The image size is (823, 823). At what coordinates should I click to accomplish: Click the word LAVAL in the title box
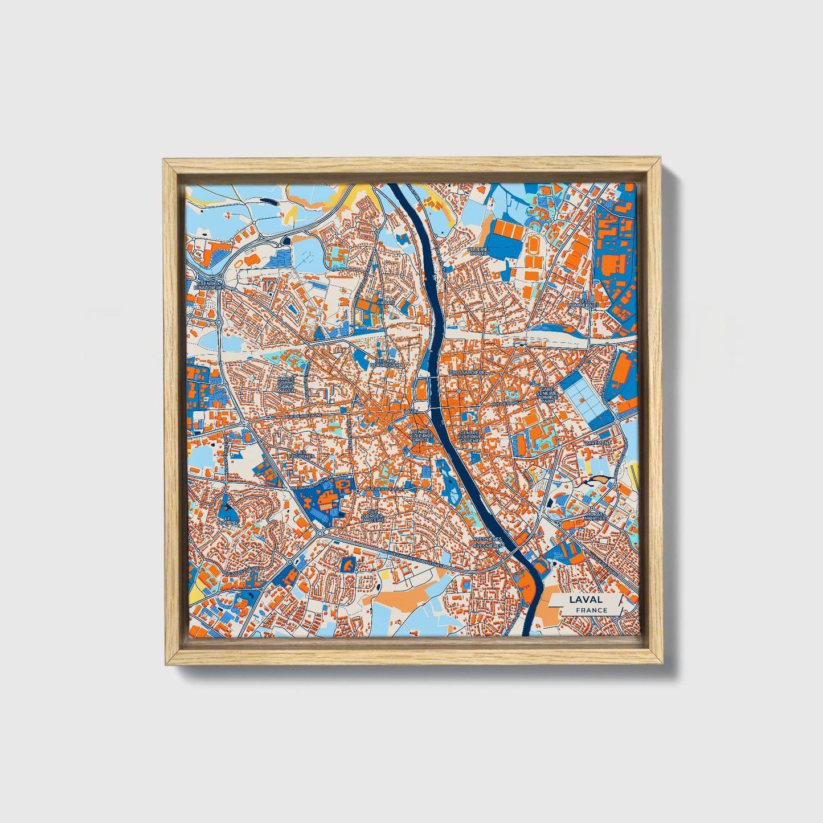click(585, 599)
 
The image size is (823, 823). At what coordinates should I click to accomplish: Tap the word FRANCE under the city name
click(591, 610)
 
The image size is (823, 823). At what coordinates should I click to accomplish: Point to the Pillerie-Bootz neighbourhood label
click(477, 251)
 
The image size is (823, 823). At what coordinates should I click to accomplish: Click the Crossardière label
click(466, 372)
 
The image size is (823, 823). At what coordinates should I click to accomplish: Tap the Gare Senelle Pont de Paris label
click(547, 395)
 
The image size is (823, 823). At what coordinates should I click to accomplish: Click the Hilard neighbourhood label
click(385, 302)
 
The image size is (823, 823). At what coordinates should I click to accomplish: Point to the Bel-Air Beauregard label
click(386, 363)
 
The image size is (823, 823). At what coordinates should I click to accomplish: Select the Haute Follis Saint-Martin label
click(285, 384)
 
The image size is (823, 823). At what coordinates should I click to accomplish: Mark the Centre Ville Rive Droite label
click(423, 436)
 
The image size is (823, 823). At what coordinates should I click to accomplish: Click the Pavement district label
click(597, 442)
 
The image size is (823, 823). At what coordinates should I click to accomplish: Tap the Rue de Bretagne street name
click(301, 416)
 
